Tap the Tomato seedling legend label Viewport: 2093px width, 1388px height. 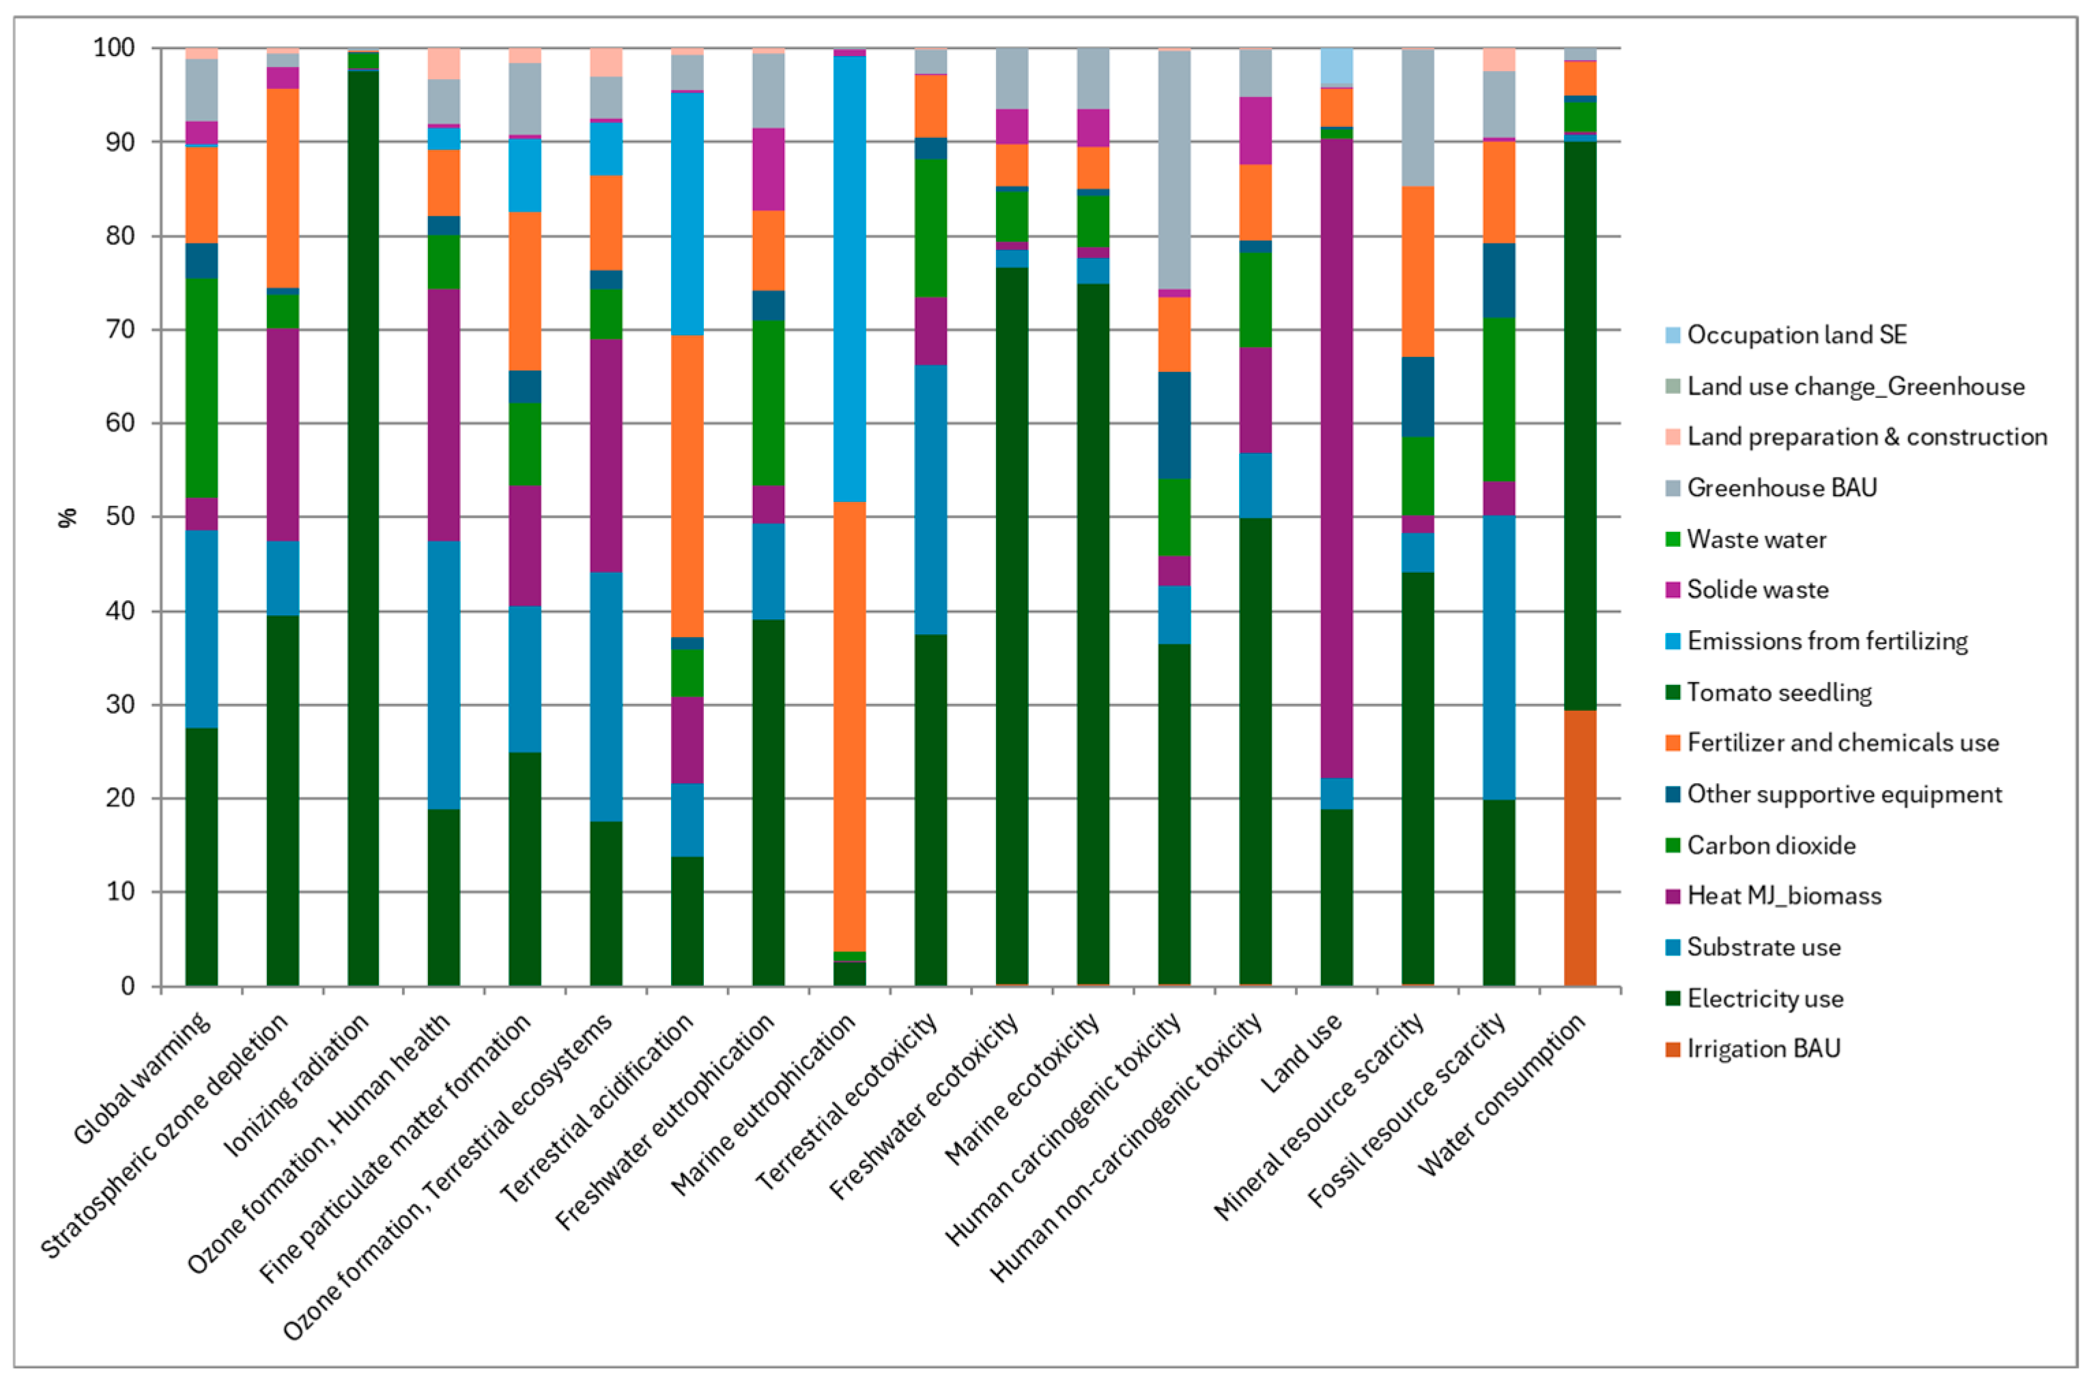click(x=1779, y=692)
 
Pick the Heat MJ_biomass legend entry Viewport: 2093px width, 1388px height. click(x=1783, y=896)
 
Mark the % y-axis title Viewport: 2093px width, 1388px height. click(x=68, y=517)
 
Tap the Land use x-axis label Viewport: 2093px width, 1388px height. click(x=1301, y=1053)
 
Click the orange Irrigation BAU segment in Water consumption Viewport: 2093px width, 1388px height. click(x=1580, y=847)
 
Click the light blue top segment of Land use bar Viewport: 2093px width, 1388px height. click(x=1337, y=66)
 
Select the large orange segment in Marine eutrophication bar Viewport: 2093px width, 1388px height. click(x=850, y=726)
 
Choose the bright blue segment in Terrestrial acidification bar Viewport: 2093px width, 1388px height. click(x=687, y=213)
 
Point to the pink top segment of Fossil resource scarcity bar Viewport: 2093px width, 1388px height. click(x=1499, y=59)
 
